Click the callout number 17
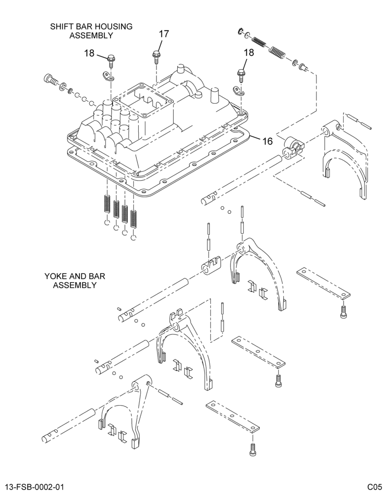pos(164,34)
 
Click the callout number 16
pos(268,141)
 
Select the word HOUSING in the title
pos(116,27)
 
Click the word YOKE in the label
pos(55,276)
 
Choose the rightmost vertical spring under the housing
pos(134,218)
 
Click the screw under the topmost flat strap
pos(343,312)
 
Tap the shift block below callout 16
pos(293,147)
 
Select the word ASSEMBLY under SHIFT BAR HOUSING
pos(91,35)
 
